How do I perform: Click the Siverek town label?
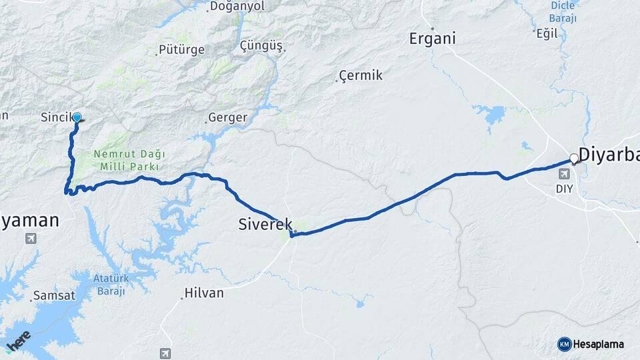pos(265,225)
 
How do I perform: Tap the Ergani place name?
pos(432,39)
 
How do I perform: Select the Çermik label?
pos(361,75)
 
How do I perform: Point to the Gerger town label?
pos(227,118)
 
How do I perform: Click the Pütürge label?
pos(181,50)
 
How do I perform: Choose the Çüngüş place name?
pos(261,46)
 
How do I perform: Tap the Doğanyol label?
pos(237,7)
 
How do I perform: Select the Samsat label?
pos(53,295)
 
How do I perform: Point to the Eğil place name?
pos(546,33)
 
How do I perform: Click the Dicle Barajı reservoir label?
pos(563,12)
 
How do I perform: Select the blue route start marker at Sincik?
pos(77,118)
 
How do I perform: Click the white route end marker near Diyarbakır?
pos(573,159)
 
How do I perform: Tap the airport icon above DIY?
pos(565,174)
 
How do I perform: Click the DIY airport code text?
pos(564,189)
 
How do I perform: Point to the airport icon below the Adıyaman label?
pos(31,238)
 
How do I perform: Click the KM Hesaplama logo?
pos(591,344)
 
